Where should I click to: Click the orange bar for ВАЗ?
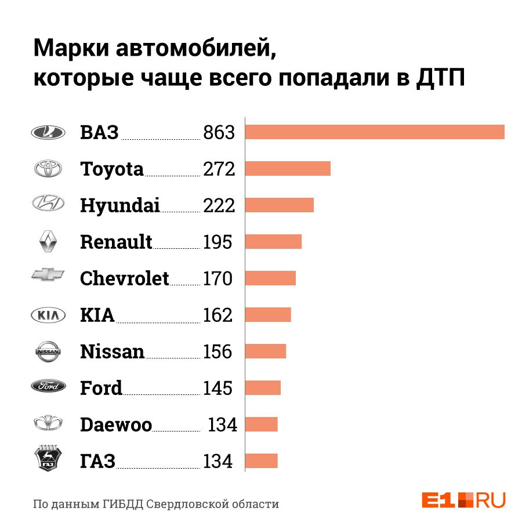(375, 132)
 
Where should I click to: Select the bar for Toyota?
(288, 168)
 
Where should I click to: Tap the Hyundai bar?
(280, 205)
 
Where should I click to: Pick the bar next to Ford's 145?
(263, 388)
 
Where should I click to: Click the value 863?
(219, 132)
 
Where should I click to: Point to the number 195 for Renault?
(217, 242)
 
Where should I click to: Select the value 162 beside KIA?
(217, 315)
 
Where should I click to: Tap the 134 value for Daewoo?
(222, 425)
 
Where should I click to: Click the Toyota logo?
(48, 168)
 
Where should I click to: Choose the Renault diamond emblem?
(48, 241)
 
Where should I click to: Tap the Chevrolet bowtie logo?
(48, 275)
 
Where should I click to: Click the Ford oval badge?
(48, 386)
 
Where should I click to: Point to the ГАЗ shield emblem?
(48, 458)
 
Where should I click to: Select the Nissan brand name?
(112, 351)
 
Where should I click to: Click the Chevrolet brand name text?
(125, 278)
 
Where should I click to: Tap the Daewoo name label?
(116, 425)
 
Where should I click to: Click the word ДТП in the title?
(440, 78)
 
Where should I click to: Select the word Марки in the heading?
(71, 48)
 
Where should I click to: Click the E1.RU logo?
(464, 500)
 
